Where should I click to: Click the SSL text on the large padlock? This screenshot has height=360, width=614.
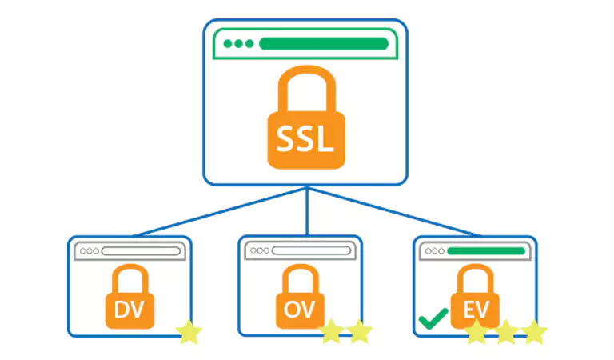click(305, 139)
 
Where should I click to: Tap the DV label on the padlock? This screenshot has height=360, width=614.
click(130, 310)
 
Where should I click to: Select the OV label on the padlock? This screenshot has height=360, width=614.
click(300, 310)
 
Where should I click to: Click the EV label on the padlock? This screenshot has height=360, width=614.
click(476, 310)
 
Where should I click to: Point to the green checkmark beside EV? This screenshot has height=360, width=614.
click(433, 318)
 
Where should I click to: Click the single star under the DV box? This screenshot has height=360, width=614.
click(189, 332)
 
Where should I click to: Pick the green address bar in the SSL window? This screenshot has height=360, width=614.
click(324, 44)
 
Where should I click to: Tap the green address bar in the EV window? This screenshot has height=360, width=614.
click(486, 251)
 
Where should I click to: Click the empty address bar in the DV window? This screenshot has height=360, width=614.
click(141, 251)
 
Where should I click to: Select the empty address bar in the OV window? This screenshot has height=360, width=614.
click(311, 250)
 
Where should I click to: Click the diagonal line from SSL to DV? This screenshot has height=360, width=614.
click(220, 212)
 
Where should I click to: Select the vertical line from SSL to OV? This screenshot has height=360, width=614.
click(307, 211)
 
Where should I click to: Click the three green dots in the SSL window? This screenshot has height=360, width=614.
click(238, 44)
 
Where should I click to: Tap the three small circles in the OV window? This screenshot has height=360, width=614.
click(260, 250)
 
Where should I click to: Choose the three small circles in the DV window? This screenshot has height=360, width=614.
click(90, 251)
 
